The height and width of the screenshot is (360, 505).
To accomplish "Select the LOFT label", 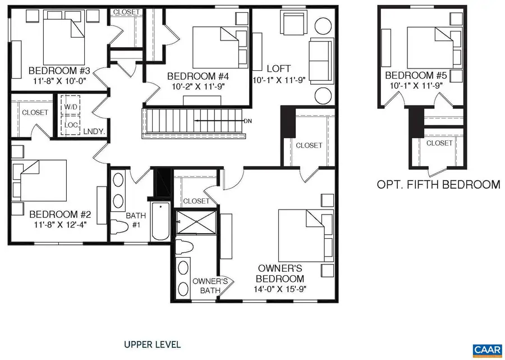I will click(279, 70).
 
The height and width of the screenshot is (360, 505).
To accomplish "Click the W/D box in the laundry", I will click(71, 106).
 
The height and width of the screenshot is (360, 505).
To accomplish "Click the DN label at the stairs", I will click(247, 121).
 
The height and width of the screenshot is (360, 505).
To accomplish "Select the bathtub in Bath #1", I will click(159, 222).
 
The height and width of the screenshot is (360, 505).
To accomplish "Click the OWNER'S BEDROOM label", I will click(281, 274).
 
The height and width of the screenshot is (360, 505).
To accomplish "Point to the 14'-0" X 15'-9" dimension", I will click(281, 290).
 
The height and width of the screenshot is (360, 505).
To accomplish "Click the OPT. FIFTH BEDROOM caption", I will click(438, 184).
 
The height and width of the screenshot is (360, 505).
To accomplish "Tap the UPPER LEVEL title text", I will click(152, 344).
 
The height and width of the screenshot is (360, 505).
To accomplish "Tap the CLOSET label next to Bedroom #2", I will click(35, 112).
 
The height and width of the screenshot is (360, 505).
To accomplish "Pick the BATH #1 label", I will click(135, 220).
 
